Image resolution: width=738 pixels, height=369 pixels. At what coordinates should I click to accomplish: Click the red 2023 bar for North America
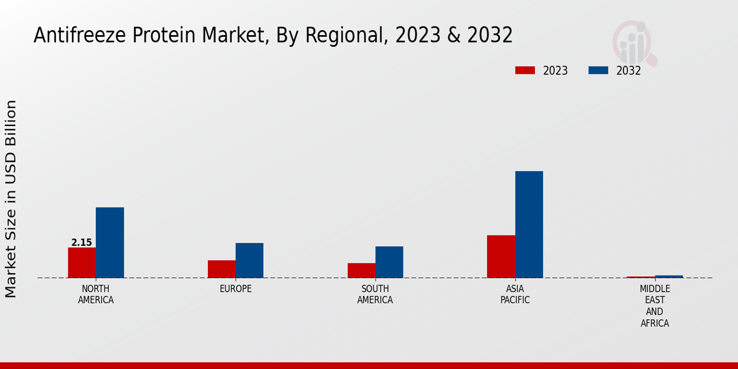[82, 263]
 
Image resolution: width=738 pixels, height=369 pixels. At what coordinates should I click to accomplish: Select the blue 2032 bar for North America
[109, 242]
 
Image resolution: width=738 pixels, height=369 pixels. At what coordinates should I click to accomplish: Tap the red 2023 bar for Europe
[221, 269]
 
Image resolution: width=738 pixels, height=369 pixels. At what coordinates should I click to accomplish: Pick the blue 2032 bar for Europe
[249, 260]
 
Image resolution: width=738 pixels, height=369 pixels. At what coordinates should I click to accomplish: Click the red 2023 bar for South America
[361, 271]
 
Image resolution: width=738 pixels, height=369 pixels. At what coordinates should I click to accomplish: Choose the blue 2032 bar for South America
[389, 262]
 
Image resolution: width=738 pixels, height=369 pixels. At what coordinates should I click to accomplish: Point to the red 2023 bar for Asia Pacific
[501, 256]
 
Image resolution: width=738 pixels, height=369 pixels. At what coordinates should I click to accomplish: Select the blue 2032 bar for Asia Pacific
[529, 224]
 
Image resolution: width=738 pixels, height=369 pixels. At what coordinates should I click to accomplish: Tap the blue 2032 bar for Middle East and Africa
[669, 277]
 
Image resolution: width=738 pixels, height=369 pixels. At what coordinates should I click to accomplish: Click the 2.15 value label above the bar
[82, 242]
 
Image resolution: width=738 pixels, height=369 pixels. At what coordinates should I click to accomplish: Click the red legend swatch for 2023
[525, 70]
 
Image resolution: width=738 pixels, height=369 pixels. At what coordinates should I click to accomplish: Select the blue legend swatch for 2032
[598, 70]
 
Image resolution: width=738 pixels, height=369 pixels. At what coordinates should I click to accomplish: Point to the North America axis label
[95, 295]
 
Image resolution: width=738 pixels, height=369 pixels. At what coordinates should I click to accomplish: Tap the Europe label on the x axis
[236, 289]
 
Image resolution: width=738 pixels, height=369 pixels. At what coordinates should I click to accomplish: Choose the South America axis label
[375, 295]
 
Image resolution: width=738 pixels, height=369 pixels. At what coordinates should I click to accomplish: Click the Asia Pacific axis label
[515, 295]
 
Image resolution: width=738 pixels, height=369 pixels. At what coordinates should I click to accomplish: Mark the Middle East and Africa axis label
[654, 306]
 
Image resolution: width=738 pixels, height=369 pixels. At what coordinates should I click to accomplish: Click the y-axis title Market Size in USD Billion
[11, 199]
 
